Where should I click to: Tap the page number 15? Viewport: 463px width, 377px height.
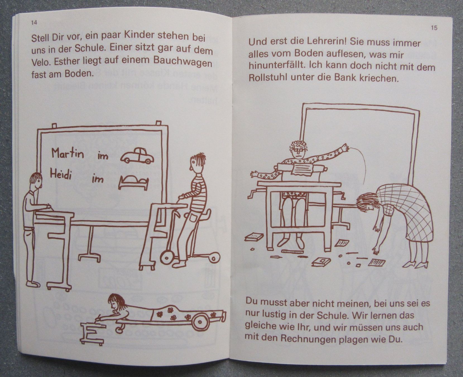(x=434, y=28)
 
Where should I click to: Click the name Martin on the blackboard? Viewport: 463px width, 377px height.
(x=68, y=153)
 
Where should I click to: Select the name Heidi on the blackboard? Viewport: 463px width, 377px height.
(x=61, y=174)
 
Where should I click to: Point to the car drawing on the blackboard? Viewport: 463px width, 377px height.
(x=137, y=155)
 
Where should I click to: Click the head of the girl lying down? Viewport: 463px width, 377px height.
(x=117, y=303)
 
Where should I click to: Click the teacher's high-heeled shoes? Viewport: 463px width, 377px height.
(x=417, y=263)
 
